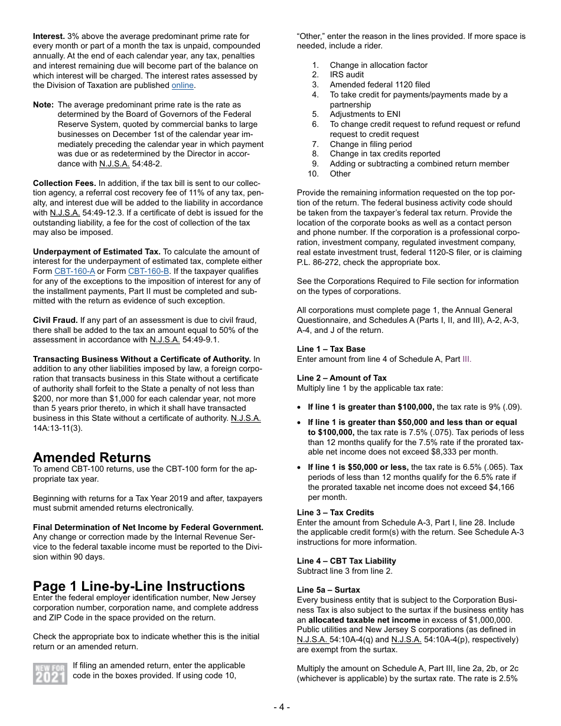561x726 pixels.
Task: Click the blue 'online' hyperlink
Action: (x=182, y=86)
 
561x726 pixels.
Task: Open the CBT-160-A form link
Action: (x=74, y=272)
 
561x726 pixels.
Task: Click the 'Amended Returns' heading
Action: (x=92, y=457)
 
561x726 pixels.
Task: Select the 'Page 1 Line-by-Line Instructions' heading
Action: (x=139, y=586)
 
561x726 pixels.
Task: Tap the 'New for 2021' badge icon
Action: (x=50, y=673)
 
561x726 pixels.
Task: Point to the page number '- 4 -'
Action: (x=281, y=707)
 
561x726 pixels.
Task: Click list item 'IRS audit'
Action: (x=350, y=75)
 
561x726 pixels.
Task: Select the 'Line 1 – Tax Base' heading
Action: (x=331, y=349)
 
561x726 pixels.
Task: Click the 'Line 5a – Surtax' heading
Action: (x=328, y=590)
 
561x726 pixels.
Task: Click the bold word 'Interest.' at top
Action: (x=49, y=37)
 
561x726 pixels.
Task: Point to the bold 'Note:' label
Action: (x=43, y=105)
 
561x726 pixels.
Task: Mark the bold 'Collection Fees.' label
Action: (x=64, y=184)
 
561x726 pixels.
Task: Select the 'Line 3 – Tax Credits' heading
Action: (x=335, y=513)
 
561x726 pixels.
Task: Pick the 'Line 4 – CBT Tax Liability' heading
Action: (x=346, y=561)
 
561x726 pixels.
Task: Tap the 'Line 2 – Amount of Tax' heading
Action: (x=342, y=378)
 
